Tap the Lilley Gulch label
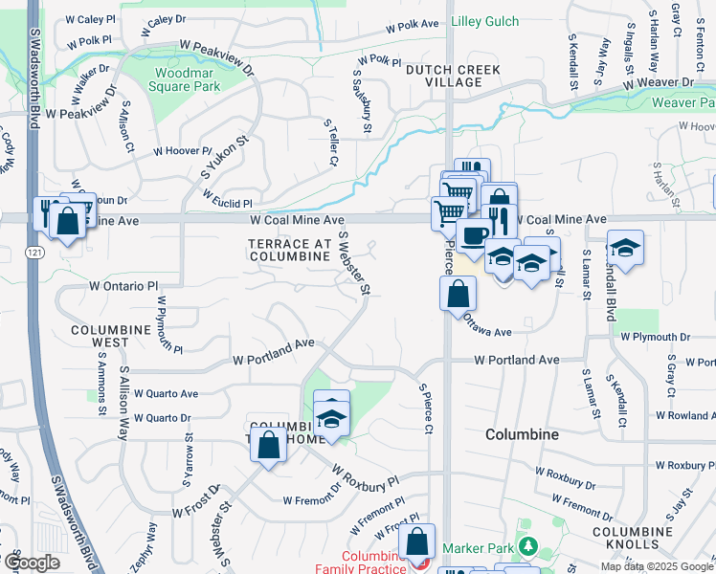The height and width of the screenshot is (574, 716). coord(484,21)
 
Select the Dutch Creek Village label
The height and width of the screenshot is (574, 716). coord(443,76)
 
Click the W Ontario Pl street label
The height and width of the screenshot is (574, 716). coord(123,286)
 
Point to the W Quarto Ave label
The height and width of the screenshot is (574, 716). coord(167,393)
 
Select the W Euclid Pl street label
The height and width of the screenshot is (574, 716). coord(226,204)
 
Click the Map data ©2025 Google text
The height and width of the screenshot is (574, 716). coord(656,566)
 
